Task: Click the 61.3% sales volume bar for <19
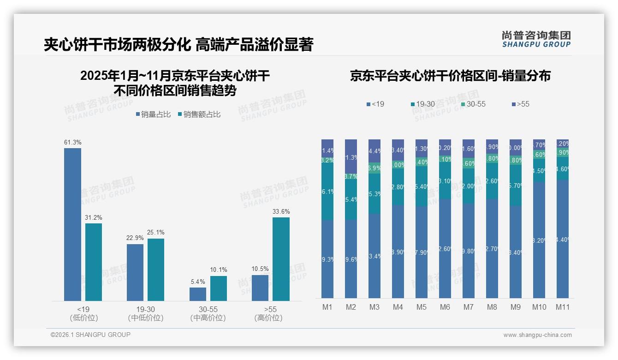pyautogui.click(x=72, y=224)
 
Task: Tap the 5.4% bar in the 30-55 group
pyautogui.click(x=198, y=294)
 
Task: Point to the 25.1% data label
pyautogui.click(x=156, y=232)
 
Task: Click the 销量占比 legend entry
pyautogui.click(x=155, y=114)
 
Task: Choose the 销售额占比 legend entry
pyautogui.click(x=199, y=114)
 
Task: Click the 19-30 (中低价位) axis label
pyautogui.click(x=145, y=313)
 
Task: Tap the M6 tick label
pyautogui.click(x=445, y=307)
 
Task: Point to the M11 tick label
pyautogui.click(x=562, y=307)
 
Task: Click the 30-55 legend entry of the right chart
pyautogui.click(x=474, y=104)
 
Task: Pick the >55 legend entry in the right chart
pyautogui.click(x=521, y=104)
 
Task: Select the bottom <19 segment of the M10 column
pyautogui.click(x=539, y=240)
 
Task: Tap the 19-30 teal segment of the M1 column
pyautogui.click(x=327, y=192)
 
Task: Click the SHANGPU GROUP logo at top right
pyautogui.click(x=536, y=39)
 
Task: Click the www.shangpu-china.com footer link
pyautogui.click(x=537, y=335)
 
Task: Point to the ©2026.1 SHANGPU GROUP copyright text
pyautogui.click(x=90, y=335)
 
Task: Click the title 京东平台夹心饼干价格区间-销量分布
pyautogui.click(x=450, y=76)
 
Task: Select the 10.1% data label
pyautogui.click(x=219, y=270)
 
